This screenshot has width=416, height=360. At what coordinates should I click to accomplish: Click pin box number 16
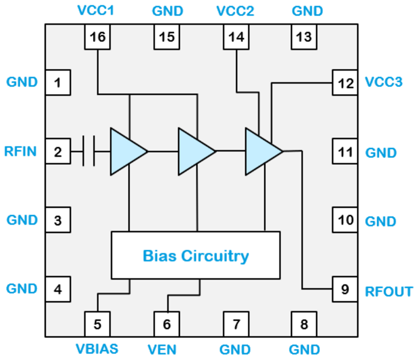tap(98, 37)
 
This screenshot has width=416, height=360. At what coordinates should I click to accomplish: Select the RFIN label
tap(20, 151)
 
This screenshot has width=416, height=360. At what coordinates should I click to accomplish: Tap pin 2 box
tap(58, 151)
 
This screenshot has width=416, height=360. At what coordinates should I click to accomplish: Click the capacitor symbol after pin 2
tap(89, 151)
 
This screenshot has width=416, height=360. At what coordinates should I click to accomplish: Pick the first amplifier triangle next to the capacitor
tap(126, 151)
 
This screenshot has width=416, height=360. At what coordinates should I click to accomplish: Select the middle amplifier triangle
tap(194, 151)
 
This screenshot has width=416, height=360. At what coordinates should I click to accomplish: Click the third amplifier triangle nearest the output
tap(262, 151)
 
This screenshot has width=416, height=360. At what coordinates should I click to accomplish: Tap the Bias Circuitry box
tap(196, 255)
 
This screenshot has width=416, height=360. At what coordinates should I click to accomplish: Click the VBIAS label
tap(98, 348)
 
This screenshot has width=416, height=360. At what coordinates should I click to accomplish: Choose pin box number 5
tap(98, 324)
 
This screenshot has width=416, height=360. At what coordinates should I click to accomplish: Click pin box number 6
tap(166, 324)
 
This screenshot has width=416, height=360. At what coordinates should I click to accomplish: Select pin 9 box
tap(345, 290)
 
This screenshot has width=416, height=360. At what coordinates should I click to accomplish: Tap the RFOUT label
tap(389, 292)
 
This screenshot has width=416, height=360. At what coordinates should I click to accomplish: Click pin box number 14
tap(236, 37)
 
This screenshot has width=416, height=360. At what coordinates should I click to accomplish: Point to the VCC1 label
tap(98, 11)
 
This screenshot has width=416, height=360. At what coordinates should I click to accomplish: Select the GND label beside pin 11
tap(381, 152)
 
